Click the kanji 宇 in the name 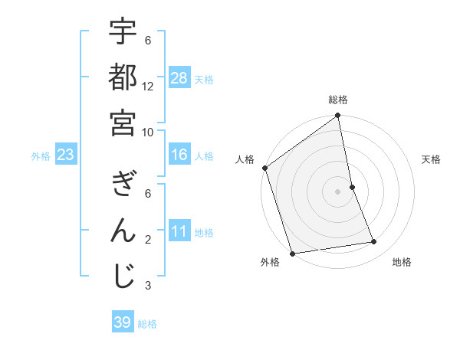coord(123,33)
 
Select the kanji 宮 coord(123,122)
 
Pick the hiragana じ coord(123,277)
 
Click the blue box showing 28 coord(179,78)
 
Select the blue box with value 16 coord(179,155)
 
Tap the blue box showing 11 coord(179,232)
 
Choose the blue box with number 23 coord(65,155)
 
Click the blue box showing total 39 coord(122,322)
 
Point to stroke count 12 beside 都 coord(148,86)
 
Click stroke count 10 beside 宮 coord(148,131)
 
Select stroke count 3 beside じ coord(148,286)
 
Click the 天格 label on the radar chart coord(431,159)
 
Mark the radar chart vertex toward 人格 coord(264,168)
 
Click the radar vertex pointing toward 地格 coord(374,242)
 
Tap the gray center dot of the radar coord(338,191)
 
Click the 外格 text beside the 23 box coord(41,156)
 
